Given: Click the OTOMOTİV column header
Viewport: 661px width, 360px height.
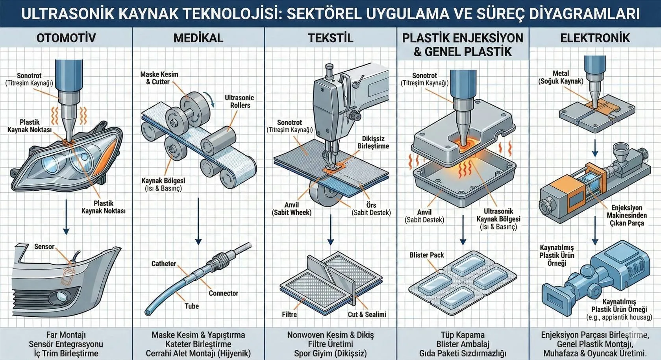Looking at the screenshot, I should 66,38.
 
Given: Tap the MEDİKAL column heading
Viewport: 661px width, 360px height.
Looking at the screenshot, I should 198,38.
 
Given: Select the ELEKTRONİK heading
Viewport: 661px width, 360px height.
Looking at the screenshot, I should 594,38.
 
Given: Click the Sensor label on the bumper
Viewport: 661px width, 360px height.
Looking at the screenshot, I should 44,247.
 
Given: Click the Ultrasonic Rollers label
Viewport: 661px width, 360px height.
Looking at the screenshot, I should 239,102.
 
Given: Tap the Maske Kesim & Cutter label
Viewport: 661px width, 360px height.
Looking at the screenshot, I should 159,78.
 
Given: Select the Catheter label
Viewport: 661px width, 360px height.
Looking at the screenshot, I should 163,264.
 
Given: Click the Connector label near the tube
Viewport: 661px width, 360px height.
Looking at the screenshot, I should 223,293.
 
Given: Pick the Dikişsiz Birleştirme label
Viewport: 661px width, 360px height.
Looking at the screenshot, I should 373,142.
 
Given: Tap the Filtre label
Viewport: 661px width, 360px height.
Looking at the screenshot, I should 289,314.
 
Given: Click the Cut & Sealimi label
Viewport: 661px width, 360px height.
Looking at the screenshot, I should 367,314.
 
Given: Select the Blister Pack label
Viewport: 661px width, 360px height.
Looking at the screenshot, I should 426,255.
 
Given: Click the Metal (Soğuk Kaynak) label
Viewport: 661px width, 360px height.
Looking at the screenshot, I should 561,77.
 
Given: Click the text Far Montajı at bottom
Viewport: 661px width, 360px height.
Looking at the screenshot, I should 66,335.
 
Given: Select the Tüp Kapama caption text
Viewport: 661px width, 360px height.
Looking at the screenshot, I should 463,335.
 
